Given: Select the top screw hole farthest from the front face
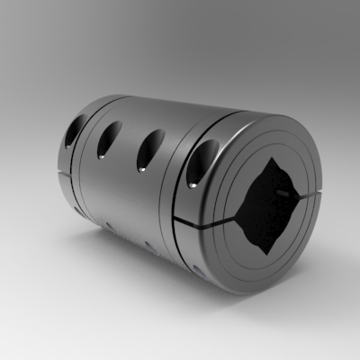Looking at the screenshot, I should point(71,130).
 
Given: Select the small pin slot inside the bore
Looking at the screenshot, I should point(286,193).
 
